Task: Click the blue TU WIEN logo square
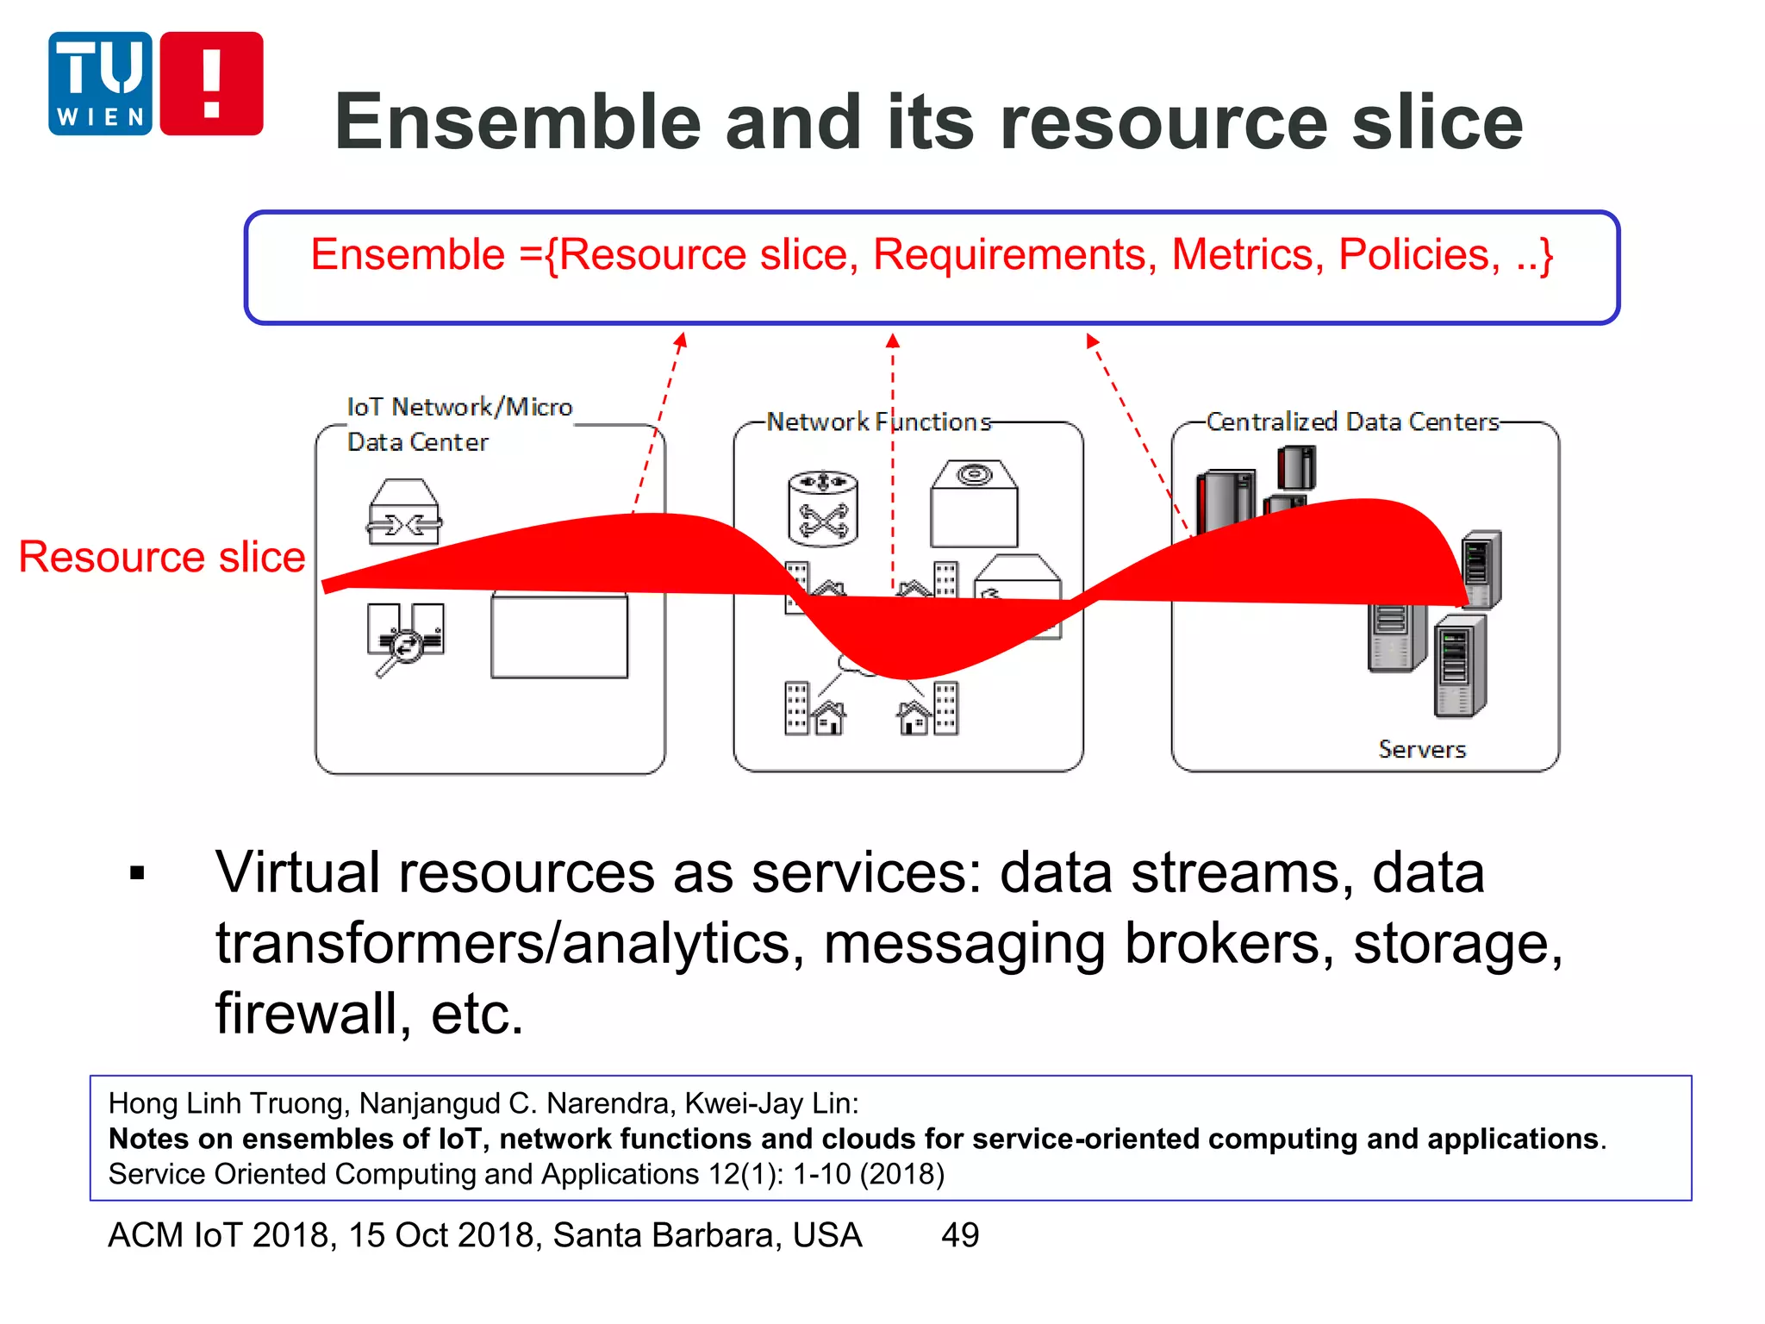tap(100, 84)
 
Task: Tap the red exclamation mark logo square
tap(211, 84)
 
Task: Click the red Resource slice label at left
tap(162, 557)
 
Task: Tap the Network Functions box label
tap(878, 422)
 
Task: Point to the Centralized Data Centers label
tap(1352, 422)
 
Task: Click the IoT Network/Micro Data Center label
tap(458, 424)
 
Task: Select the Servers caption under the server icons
tap(1422, 749)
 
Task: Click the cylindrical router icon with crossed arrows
tap(823, 508)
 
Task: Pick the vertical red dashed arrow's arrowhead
tap(893, 341)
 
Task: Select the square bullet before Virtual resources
tap(137, 874)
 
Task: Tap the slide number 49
tap(960, 1235)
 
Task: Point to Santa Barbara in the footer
tap(707, 1235)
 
